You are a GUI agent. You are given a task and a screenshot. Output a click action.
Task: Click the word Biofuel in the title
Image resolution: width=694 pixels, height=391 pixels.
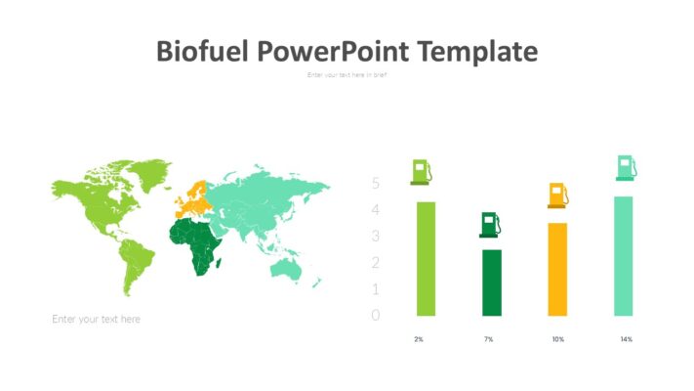click(x=202, y=51)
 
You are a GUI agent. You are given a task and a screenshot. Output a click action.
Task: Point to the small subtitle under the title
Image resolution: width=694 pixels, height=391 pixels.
click(x=347, y=75)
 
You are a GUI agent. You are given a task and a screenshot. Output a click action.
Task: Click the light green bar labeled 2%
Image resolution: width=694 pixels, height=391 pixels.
click(x=426, y=259)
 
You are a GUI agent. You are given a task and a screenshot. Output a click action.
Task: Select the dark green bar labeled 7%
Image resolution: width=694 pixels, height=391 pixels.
click(x=491, y=282)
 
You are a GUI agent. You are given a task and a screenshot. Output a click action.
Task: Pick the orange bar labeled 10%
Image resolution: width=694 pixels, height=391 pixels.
click(x=557, y=269)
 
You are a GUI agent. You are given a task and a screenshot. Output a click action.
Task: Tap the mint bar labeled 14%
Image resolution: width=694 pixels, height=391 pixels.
click(x=624, y=256)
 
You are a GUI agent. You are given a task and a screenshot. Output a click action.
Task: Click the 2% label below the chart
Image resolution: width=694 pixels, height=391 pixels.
click(x=419, y=339)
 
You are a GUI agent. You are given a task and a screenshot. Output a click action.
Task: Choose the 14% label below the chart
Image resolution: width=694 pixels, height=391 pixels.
click(x=626, y=339)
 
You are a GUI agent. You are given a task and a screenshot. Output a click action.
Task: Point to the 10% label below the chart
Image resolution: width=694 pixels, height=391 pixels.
click(x=557, y=339)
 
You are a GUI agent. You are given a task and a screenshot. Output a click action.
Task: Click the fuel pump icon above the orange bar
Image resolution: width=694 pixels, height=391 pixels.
click(x=558, y=195)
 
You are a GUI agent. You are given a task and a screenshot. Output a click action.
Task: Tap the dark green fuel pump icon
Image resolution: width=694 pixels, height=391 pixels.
click(x=491, y=225)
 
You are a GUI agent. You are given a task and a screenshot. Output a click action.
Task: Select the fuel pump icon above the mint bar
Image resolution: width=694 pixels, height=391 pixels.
click(x=627, y=167)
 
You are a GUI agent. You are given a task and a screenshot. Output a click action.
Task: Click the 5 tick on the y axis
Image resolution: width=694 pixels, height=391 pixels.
click(x=376, y=184)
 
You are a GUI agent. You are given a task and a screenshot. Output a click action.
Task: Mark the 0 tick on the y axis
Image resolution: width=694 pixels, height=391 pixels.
click(x=376, y=315)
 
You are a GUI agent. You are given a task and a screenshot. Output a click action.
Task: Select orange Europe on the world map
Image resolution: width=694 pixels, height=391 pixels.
click(x=192, y=201)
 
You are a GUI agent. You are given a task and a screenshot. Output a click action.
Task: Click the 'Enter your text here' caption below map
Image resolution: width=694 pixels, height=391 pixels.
click(x=96, y=319)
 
